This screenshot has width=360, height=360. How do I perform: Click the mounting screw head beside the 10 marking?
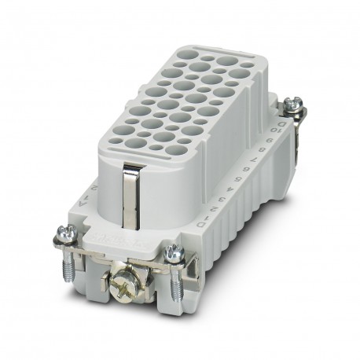[295, 102]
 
